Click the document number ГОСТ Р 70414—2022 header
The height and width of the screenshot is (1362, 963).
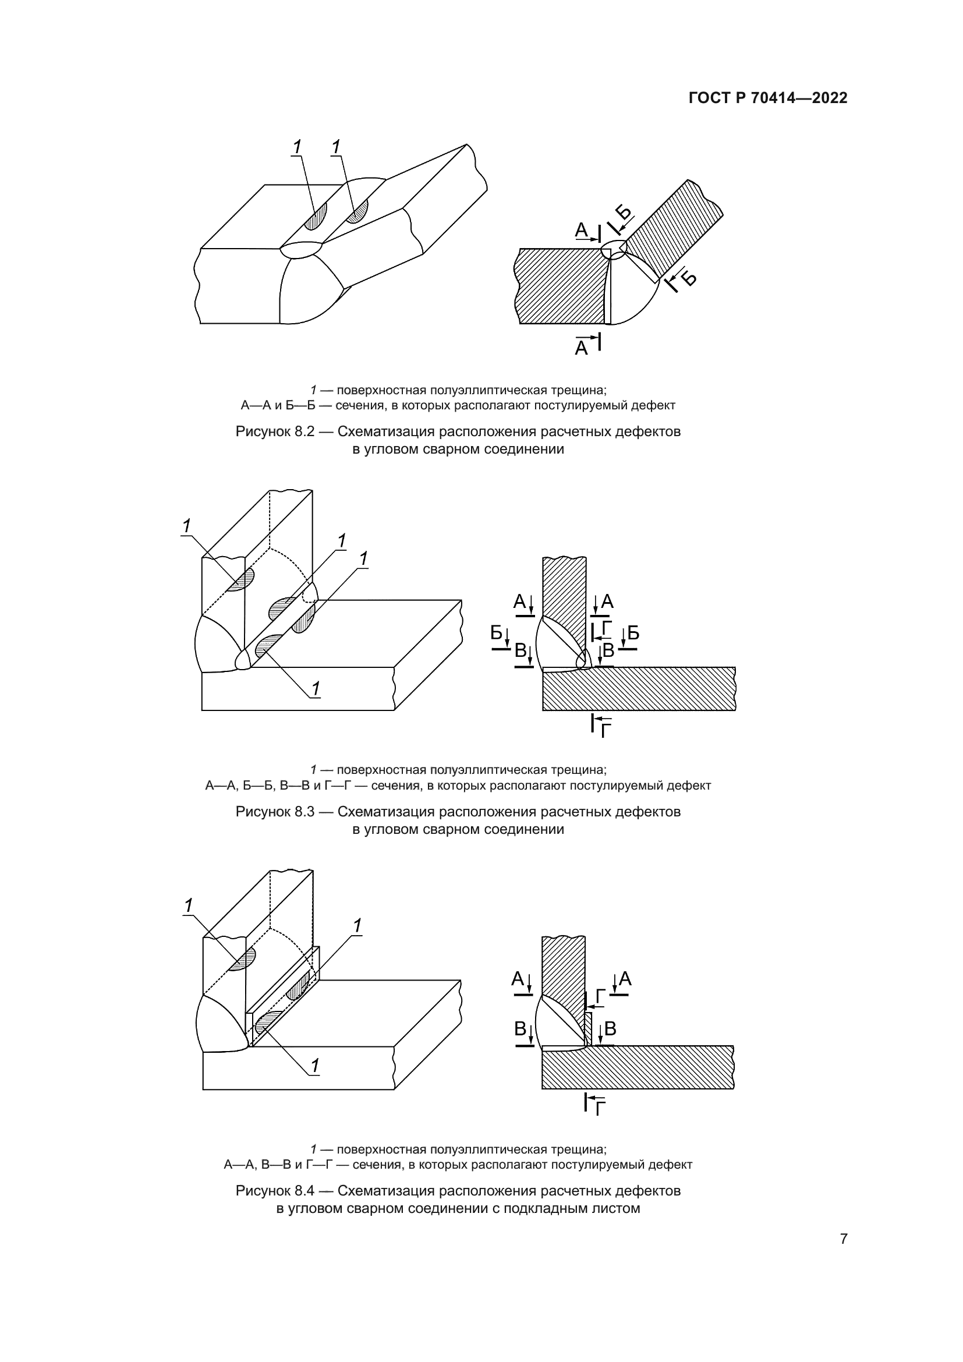pyautogui.click(x=768, y=98)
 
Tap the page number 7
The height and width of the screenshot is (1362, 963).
pyautogui.click(x=844, y=1239)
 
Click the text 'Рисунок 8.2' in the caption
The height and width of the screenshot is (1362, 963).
pyautogui.click(x=275, y=432)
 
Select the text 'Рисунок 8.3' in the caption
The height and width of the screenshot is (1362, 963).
pyautogui.click(x=275, y=812)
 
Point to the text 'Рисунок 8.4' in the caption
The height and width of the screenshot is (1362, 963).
pyautogui.click(x=275, y=1191)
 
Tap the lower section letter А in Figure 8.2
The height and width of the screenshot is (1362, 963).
pyautogui.click(x=581, y=348)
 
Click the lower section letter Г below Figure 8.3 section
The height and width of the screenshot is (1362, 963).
pyautogui.click(x=606, y=731)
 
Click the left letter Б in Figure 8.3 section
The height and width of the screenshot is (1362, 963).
pyautogui.click(x=496, y=633)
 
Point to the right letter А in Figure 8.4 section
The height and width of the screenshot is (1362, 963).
pyautogui.click(x=625, y=979)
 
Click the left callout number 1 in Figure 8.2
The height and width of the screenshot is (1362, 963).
pyautogui.click(x=296, y=146)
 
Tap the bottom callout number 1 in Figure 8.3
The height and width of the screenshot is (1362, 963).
pyautogui.click(x=316, y=688)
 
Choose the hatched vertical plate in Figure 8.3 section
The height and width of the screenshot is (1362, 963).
pyautogui.click(x=564, y=599)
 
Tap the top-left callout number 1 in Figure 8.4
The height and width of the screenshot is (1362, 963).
pyautogui.click(x=189, y=906)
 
